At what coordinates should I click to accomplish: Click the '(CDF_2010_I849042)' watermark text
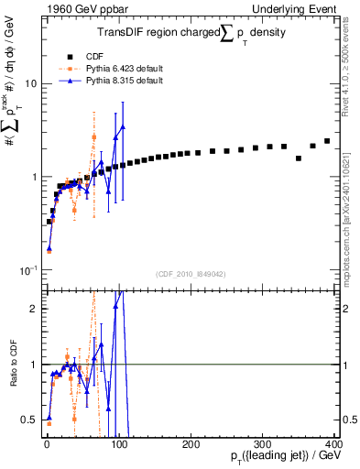191,274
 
